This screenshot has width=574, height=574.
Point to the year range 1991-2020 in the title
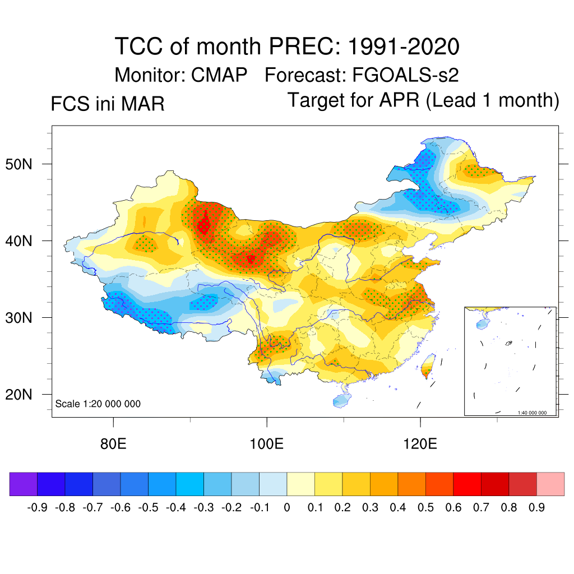tap(404, 47)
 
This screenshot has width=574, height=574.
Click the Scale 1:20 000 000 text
tap(98, 404)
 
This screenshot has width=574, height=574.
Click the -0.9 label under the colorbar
tap(38, 508)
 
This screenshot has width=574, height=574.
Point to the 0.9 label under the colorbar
tap(536, 508)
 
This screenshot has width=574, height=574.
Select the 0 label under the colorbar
tap(287, 508)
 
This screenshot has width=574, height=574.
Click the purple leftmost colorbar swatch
tap(24, 484)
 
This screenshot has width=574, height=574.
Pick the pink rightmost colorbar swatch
tap(550, 484)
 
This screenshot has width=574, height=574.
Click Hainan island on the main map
tap(340, 400)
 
